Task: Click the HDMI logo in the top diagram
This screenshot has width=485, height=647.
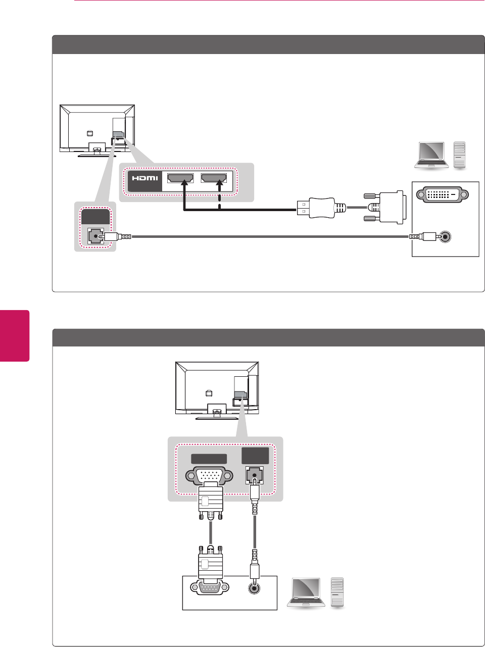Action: coord(145,178)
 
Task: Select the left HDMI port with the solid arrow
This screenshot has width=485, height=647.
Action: coord(180,178)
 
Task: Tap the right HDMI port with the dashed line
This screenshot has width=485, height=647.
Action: coord(213,178)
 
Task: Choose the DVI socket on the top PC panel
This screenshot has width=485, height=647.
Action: coord(442,194)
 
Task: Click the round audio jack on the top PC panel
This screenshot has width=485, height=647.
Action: coord(444,236)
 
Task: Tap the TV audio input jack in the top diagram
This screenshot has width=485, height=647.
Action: coord(95,236)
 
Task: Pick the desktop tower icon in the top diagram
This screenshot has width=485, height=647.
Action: coord(459,155)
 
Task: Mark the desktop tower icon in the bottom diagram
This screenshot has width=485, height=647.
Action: coord(337,592)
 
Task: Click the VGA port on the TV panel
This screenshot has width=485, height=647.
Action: coord(209,476)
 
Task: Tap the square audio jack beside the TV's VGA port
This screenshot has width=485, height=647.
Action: coord(255,475)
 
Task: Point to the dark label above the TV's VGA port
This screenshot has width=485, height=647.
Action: coord(209,459)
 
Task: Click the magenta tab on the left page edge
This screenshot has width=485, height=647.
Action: coord(15,335)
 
